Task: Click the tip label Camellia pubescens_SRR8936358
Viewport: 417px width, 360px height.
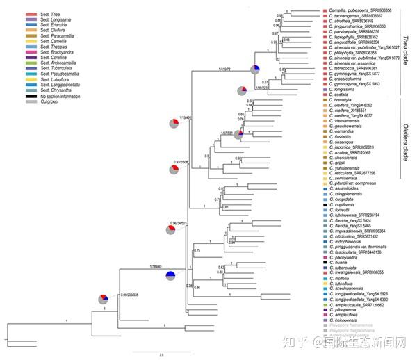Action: click(x=359, y=10)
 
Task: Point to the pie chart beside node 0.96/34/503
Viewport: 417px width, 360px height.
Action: click(x=172, y=229)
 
